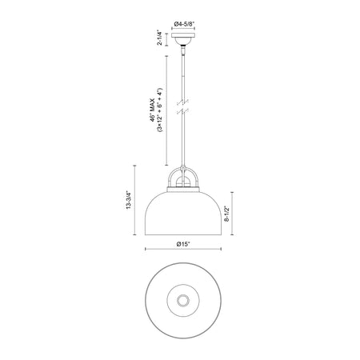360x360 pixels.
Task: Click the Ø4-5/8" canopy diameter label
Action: (184, 24)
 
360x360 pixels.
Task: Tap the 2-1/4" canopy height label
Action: (160, 38)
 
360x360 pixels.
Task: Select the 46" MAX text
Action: (152, 110)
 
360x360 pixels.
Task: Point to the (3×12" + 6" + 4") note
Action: (159, 110)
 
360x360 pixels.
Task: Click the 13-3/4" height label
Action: (129, 200)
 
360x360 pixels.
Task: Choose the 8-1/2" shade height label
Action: (226, 214)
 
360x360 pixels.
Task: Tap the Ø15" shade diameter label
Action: (183, 244)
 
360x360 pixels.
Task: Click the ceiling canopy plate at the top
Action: (183, 35)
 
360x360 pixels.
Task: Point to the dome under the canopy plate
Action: (183, 41)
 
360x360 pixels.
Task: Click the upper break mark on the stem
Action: (183, 102)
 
